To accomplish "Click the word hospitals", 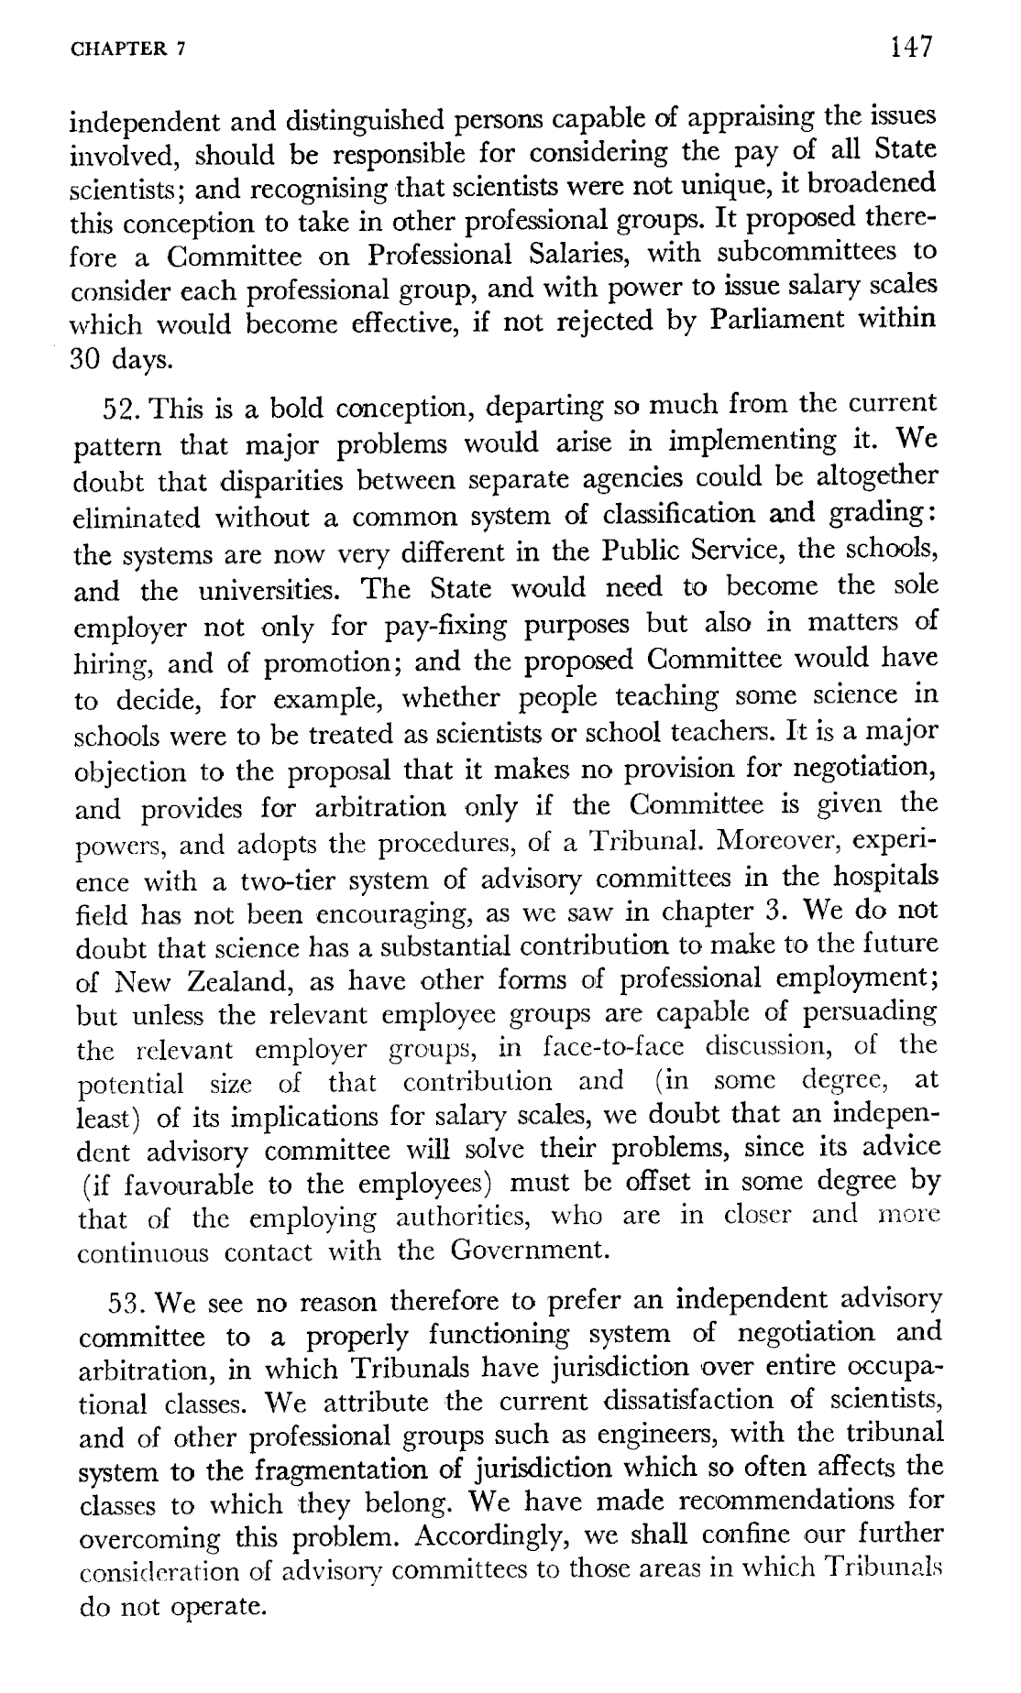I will coord(885,877).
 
